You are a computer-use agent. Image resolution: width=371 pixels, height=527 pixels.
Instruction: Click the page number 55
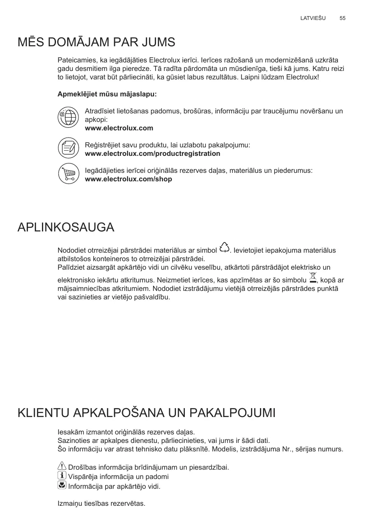pyautogui.click(x=342, y=18)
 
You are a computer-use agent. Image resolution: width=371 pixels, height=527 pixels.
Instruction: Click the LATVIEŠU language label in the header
pyautogui.click(x=312, y=18)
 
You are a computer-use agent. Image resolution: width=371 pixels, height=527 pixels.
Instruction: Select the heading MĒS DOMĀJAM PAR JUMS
pyautogui.click(x=96, y=42)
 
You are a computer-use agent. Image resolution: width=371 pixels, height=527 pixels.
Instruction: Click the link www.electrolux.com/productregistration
pyautogui.click(x=153, y=154)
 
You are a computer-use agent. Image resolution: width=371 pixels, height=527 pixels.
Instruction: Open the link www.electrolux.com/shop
pyautogui.click(x=128, y=179)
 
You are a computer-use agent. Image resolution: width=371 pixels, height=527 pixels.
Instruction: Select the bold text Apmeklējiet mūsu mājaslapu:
pyautogui.click(x=107, y=93)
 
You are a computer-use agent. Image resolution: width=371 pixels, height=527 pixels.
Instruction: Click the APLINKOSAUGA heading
pyautogui.click(x=66, y=227)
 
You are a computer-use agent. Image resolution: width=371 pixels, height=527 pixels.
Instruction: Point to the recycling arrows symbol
pyautogui.click(x=224, y=247)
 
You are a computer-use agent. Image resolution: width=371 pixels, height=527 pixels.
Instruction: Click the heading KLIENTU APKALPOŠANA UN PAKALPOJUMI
pyautogui.click(x=146, y=412)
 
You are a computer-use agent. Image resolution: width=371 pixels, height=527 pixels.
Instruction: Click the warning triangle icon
pyautogui.click(x=62, y=466)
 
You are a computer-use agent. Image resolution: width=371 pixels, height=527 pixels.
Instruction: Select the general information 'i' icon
pyautogui.click(x=62, y=476)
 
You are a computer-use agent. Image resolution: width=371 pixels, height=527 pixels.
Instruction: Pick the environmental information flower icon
pyautogui.click(x=62, y=485)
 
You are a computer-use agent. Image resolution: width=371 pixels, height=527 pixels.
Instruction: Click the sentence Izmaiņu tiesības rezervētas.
pyautogui.click(x=101, y=504)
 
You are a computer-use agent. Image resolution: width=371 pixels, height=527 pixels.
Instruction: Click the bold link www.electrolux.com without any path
pyautogui.click(x=119, y=128)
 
